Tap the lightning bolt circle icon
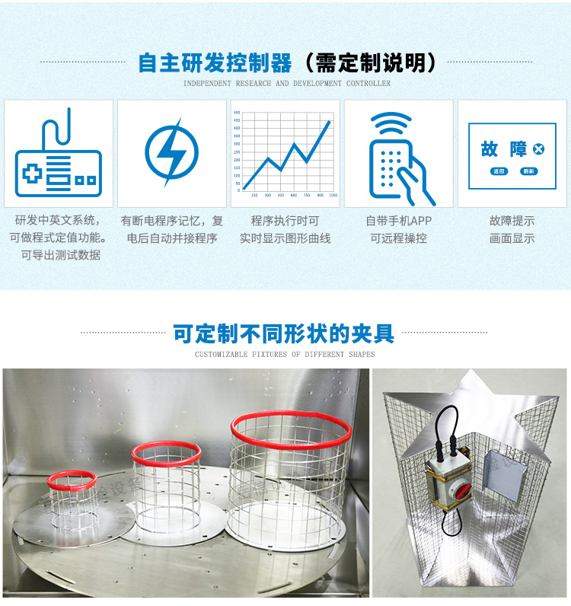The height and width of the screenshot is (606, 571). pos(171,151)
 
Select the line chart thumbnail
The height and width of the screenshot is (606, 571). pos(285,154)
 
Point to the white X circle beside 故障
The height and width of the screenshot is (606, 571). pos(539,149)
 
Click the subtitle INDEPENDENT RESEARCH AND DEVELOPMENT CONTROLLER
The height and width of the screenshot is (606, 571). pos(287,84)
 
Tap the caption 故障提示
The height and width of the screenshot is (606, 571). pos(512,221)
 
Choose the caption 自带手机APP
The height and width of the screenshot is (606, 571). pos(398,221)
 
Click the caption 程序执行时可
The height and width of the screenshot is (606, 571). pos(285,221)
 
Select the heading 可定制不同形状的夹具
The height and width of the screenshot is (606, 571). pos(284,333)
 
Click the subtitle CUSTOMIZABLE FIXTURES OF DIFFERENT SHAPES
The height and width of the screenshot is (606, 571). pos(285,354)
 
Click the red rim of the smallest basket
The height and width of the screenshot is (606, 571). pos(73,480)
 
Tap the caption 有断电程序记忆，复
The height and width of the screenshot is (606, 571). pos(172,221)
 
